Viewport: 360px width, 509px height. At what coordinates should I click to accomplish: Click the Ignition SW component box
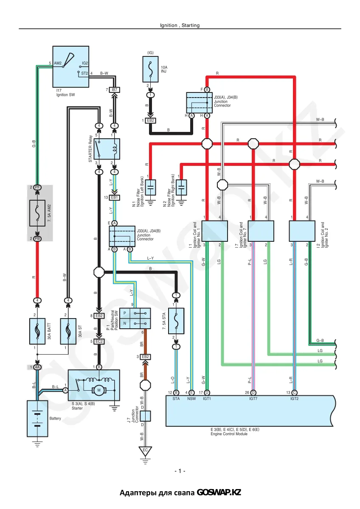[x=71, y=67]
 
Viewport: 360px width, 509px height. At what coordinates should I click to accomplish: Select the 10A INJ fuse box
[x=150, y=69]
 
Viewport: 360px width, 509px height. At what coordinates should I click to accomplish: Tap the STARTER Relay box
[x=107, y=149]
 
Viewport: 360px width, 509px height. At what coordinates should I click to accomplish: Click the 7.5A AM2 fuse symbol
[x=37, y=213]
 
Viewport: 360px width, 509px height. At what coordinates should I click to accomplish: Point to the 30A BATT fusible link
[x=37, y=331]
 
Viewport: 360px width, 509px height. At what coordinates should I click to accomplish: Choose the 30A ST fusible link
[x=68, y=331]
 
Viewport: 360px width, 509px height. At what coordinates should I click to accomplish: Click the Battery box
[x=37, y=419]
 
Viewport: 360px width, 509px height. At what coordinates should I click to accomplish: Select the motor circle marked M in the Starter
[x=99, y=390]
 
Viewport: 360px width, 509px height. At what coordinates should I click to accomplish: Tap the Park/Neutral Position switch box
[x=135, y=318]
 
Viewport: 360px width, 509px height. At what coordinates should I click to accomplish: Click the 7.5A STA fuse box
[x=176, y=321]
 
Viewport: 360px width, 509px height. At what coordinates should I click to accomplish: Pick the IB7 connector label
[x=114, y=90]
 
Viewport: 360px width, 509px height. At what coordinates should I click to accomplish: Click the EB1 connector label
[x=114, y=198]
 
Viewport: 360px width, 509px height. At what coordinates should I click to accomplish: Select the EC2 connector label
[x=99, y=341]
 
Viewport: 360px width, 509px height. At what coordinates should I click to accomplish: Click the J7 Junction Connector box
[x=145, y=416]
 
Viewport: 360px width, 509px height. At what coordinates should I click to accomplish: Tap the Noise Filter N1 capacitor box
[x=150, y=187]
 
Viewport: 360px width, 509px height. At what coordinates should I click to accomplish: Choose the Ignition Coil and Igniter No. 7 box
[x=261, y=231]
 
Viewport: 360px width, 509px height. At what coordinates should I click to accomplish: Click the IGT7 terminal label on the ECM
[x=253, y=398]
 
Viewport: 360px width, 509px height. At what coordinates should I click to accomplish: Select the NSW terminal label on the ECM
[x=191, y=398]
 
